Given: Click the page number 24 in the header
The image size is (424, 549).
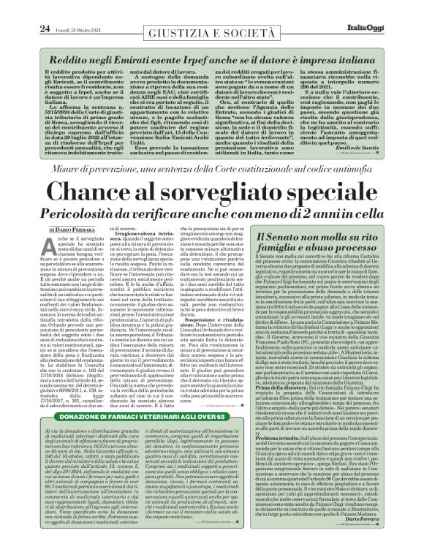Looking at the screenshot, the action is coord(24,8).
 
